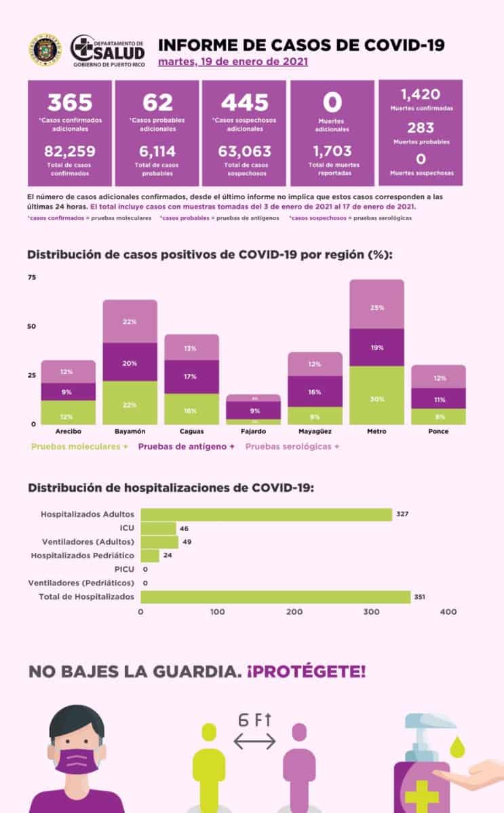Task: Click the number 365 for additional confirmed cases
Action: click(x=71, y=102)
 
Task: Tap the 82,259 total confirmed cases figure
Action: click(x=70, y=150)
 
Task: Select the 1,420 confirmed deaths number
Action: click(x=420, y=94)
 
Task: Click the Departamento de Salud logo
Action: click(x=108, y=50)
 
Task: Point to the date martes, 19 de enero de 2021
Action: click(x=233, y=62)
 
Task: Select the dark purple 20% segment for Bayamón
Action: click(x=130, y=362)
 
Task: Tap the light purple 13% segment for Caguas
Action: click(x=191, y=348)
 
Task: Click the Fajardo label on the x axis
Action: click(x=253, y=431)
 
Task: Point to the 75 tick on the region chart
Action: click(x=32, y=278)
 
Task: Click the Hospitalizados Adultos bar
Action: click(x=266, y=515)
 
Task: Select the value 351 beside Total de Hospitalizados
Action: click(x=420, y=597)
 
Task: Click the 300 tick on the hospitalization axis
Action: click(x=371, y=612)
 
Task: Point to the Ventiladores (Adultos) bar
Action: click(x=159, y=542)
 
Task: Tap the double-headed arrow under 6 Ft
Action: click(x=254, y=742)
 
